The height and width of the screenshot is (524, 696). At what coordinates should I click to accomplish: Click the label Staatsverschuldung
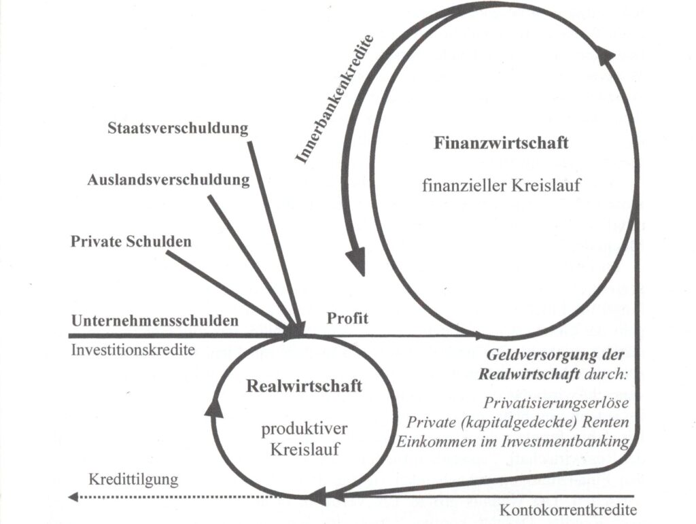click(178, 128)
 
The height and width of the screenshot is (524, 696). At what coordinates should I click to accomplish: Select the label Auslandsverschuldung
click(169, 180)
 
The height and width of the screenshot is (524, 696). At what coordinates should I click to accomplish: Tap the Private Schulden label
click(131, 241)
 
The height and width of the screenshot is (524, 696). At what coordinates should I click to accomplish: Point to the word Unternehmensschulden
click(155, 319)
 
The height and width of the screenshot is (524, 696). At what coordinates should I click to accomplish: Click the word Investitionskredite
click(133, 350)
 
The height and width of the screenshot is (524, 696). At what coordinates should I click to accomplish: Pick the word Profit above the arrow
click(349, 317)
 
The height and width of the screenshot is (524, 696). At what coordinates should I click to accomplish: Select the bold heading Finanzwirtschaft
click(501, 144)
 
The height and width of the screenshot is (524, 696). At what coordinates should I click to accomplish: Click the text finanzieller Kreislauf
click(501, 185)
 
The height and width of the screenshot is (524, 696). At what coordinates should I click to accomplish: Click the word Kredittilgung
click(133, 479)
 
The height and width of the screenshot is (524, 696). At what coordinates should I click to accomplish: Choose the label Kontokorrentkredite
click(568, 510)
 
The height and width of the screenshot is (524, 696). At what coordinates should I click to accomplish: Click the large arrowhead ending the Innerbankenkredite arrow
click(355, 262)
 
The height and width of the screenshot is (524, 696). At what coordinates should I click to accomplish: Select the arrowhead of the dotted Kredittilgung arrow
click(73, 497)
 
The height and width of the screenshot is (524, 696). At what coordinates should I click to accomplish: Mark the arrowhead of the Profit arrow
click(479, 336)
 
